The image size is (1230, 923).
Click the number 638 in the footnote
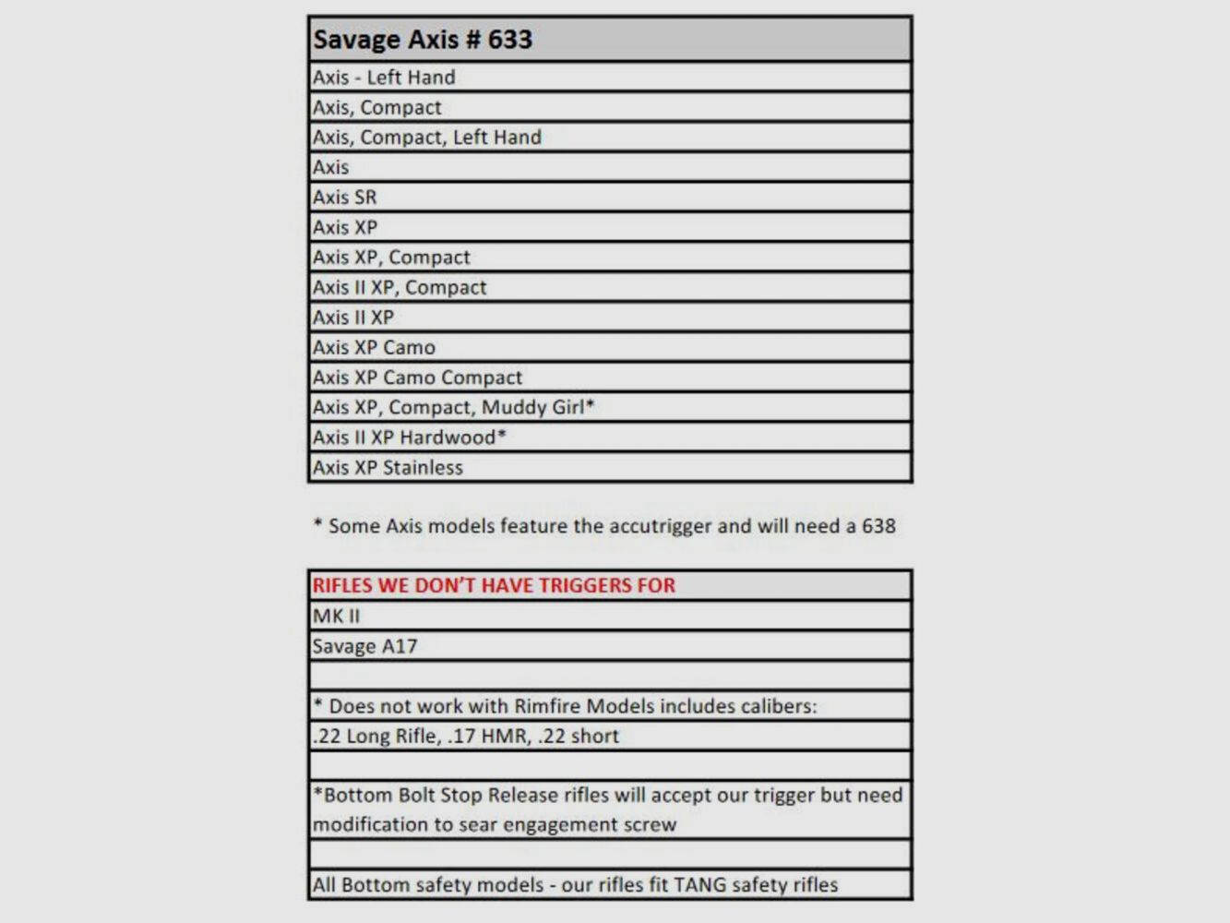[x=878, y=526]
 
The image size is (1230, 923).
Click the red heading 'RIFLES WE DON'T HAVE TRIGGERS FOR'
[x=494, y=585]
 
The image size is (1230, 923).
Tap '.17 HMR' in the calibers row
[x=488, y=737]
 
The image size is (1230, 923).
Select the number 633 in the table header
[x=510, y=40]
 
